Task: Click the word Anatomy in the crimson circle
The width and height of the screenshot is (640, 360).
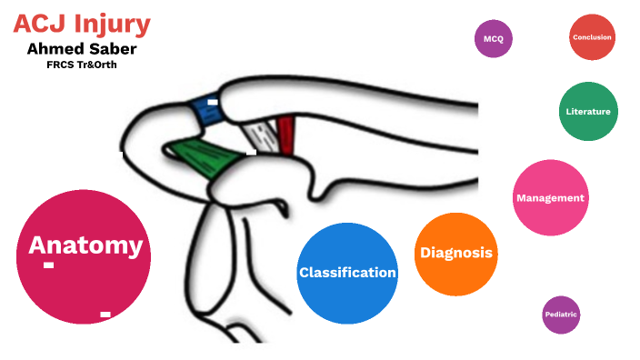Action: pos(85,245)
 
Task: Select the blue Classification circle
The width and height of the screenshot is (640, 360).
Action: pos(347,273)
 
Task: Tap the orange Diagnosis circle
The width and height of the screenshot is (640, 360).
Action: pos(456,254)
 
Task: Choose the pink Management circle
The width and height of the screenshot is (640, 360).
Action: pos(550,198)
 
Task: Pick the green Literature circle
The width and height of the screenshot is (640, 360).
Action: pos(587,112)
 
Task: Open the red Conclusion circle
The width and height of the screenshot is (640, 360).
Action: pos(592,37)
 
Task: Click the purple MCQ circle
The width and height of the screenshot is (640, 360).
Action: pos(494,39)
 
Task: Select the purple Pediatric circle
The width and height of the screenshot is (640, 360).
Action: pos(561,315)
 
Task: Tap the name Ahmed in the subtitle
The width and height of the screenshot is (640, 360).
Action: pos(55,48)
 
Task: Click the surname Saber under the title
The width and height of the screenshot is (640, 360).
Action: pos(113,48)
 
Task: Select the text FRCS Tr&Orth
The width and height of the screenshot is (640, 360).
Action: pos(82,65)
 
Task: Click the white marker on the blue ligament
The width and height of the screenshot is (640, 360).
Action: pos(212,102)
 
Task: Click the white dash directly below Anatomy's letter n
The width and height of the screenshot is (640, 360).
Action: pos(48,265)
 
